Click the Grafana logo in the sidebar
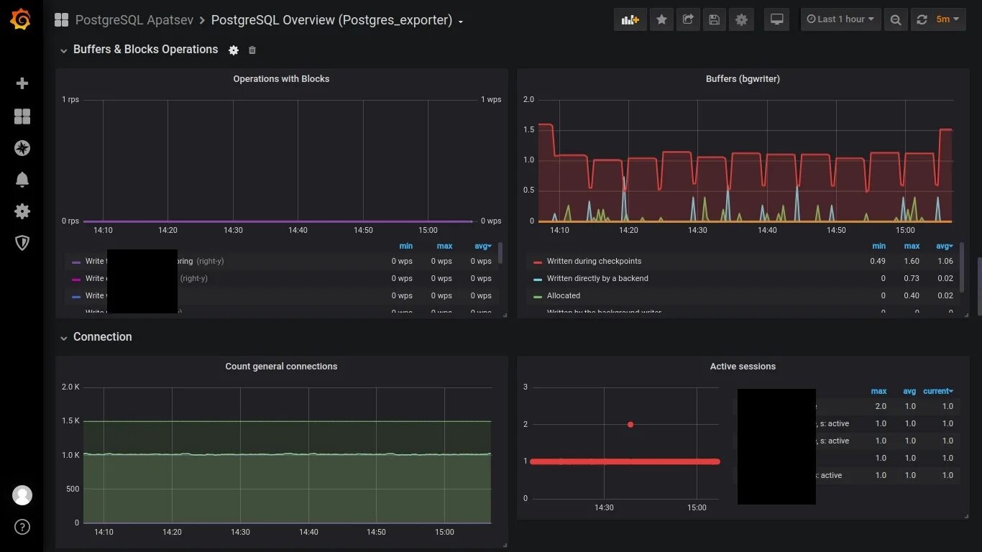tap(21, 19)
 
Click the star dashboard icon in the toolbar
tap(661, 19)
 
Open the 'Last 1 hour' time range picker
tap(840, 19)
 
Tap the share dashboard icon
tap(688, 19)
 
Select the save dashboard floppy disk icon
tap(714, 19)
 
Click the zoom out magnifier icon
tap(895, 19)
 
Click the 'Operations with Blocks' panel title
tap(281, 79)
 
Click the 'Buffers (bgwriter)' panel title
tap(743, 79)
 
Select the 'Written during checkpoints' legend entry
tap(594, 261)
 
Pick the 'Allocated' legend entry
tap(563, 295)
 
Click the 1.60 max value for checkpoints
tap(912, 261)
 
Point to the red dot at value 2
tap(630, 425)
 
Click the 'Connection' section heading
tap(102, 337)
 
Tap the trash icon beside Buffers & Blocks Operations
tap(252, 50)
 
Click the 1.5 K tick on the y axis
tap(70, 421)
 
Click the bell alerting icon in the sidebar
tap(22, 180)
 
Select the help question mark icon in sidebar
tap(22, 527)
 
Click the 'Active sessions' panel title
tap(743, 367)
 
